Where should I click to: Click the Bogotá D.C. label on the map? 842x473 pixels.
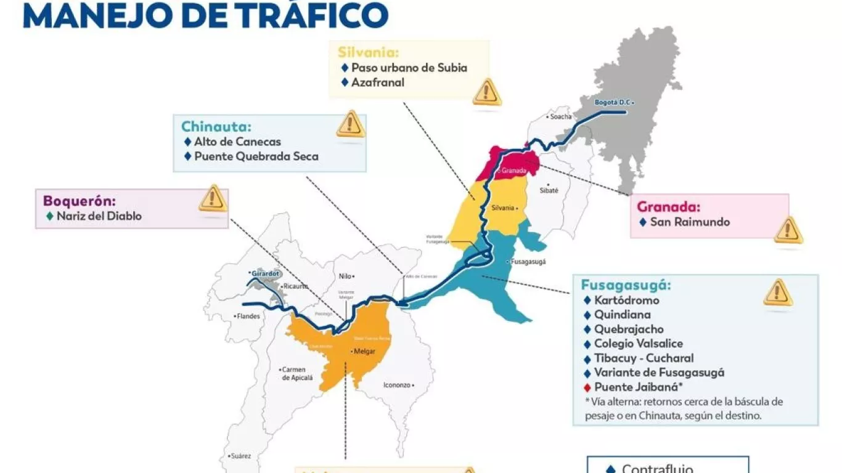(x=613, y=102)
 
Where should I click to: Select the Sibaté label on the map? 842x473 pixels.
(x=548, y=190)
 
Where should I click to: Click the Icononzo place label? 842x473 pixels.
(x=398, y=385)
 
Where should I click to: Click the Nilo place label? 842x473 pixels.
(x=346, y=276)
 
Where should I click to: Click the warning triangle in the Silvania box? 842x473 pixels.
(x=487, y=92)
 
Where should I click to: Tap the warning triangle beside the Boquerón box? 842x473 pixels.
(x=213, y=198)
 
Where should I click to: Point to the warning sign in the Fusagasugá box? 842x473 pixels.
(x=777, y=293)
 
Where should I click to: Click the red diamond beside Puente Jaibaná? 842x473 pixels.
(x=587, y=387)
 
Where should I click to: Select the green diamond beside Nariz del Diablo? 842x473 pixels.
(x=50, y=216)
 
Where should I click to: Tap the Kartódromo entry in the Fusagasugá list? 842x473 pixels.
(x=626, y=301)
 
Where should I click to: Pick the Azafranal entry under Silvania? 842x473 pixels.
(x=377, y=82)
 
